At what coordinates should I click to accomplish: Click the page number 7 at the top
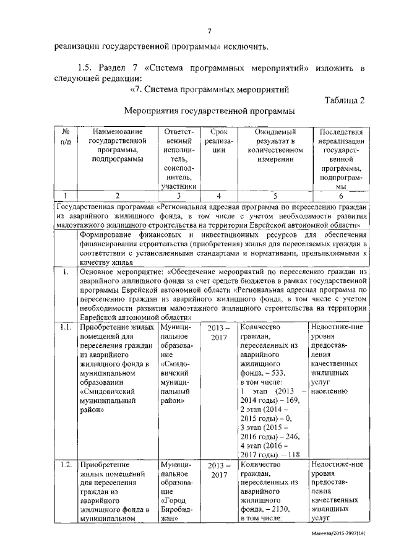coord(210,32)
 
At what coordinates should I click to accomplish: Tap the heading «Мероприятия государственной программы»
coord(208,111)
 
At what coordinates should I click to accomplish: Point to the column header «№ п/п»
coord(66,137)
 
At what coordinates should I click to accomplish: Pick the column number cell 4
coord(218,196)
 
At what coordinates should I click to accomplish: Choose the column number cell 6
coord(340,196)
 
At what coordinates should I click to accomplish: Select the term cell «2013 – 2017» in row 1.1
coord(218,333)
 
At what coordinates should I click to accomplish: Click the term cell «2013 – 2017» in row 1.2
coord(218,470)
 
